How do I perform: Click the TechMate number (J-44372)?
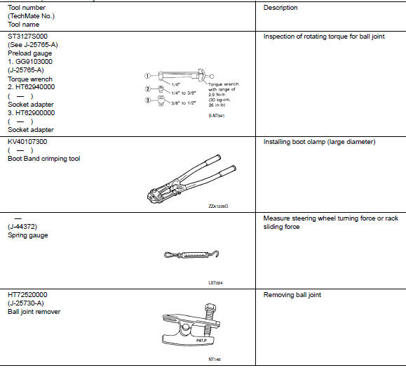(22, 227)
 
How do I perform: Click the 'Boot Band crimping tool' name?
(43, 159)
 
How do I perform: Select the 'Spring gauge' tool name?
(27, 235)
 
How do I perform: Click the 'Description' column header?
(280, 8)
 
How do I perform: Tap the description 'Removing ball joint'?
(292, 295)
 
